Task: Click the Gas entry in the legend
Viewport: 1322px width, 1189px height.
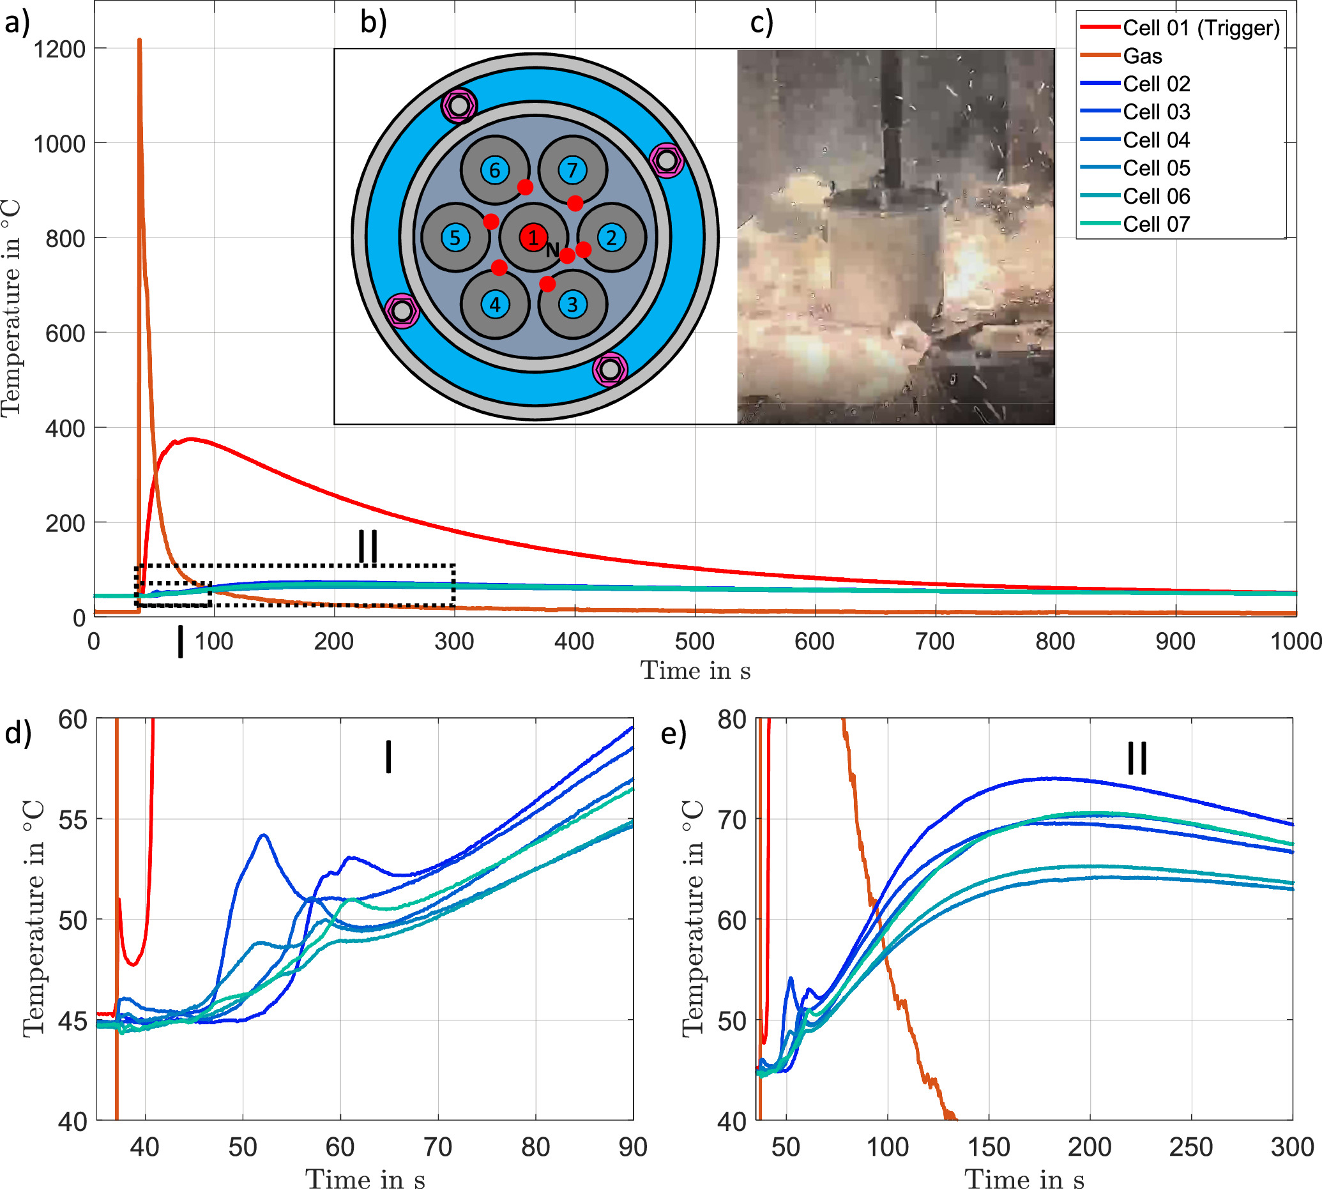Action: coord(1143,56)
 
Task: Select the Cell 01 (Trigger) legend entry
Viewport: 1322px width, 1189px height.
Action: coord(1201,28)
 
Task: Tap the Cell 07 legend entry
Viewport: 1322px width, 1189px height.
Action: coord(1156,224)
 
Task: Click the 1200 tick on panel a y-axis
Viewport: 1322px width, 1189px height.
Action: coord(59,50)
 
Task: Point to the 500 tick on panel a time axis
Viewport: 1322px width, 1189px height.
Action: coord(694,642)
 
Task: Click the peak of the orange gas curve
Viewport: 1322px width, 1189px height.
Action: coord(139,40)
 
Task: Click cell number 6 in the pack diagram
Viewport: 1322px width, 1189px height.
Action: coord(495,170)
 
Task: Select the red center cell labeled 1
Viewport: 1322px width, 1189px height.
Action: coord(533,238)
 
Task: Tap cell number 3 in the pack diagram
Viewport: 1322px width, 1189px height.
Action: coord(572,305)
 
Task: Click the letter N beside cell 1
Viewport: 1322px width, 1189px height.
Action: coord(552,250)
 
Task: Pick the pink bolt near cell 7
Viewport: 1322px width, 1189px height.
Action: coord(667,160)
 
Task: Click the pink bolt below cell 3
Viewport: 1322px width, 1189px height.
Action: coord(610,370)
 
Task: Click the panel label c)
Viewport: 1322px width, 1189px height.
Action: coord(761,23)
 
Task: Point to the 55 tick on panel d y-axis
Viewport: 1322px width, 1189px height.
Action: coord(73,820)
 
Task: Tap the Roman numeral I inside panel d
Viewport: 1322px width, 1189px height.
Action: coord(389,757)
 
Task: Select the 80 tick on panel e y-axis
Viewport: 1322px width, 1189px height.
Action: coord(731,719)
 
